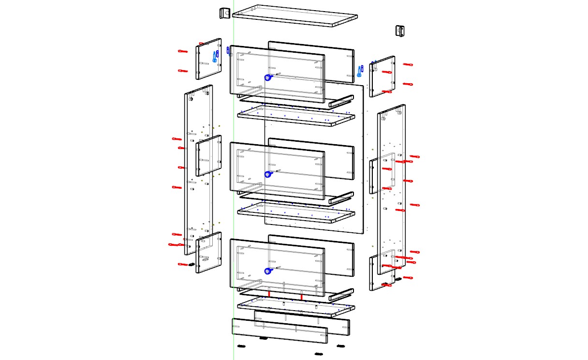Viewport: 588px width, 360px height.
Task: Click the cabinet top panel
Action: click(295, 15)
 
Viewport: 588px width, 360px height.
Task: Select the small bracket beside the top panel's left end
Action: click(224, 13)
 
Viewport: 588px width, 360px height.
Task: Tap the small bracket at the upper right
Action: click(400, 30)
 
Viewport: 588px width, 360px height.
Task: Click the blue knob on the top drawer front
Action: click(267, 77)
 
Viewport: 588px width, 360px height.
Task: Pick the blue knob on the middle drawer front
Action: click(267, 175)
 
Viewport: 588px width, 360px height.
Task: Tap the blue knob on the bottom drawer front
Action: click(267, 271)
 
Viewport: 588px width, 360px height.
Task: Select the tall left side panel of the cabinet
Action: click(198, 169)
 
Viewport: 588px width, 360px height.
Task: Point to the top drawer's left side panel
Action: click(208, 59)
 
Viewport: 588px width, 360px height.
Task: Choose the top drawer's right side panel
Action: click(382, 76)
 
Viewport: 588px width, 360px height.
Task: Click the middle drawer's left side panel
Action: click(208, 155)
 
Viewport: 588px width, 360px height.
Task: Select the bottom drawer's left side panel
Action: click(208, 252)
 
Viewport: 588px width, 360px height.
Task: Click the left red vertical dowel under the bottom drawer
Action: click(269, 294)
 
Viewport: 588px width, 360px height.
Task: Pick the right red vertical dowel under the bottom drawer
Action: click(301, 296)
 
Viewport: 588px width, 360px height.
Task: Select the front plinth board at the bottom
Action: click(279, 331)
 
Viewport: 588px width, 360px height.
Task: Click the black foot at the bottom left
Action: click(242, 346)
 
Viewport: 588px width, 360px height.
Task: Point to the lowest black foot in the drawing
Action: click(318, 354)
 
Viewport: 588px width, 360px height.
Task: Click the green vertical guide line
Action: click(234, 194)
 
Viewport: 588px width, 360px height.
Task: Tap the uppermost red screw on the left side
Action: click(182, 51)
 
